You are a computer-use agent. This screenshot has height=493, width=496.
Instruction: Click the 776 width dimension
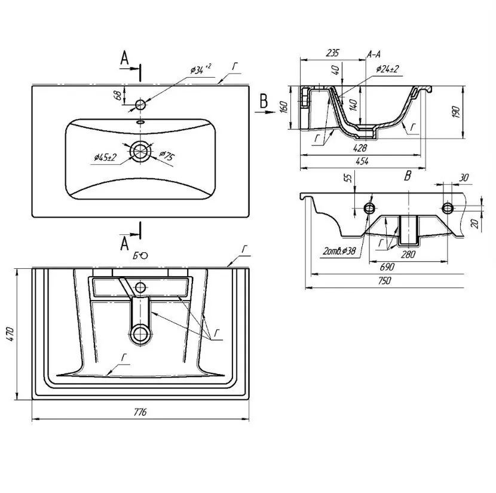(x=140, y=412)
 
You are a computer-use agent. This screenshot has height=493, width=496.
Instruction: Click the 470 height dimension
(x=10, y=334)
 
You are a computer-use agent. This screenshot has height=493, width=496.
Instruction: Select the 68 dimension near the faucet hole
(x=117, y=95)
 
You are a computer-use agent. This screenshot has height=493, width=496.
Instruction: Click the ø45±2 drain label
(x=105, y=157)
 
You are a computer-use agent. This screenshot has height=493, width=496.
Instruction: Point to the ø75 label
(x=167, y=155)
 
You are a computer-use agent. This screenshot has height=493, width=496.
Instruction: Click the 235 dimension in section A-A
(x=332, y=53)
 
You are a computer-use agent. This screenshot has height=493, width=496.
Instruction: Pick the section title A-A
(x=373, y=54)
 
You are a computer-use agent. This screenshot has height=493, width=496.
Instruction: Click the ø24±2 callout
(x=387, y=69)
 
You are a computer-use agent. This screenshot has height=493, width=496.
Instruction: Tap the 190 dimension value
(x=455, y=112)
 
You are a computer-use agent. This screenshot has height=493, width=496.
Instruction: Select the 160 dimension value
(x=284, y=107)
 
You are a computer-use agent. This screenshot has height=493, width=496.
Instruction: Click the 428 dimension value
(x=360, y=148)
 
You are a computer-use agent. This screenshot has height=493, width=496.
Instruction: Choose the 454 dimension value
(x=362, y=161)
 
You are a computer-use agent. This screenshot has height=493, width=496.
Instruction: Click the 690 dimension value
(x=387, y=267)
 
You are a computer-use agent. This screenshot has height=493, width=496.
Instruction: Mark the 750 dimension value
(x=384, y=280)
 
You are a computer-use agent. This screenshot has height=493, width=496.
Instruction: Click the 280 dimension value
(x=408, y=254)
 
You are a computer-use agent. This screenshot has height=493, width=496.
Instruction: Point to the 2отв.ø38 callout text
(x=339, y=252)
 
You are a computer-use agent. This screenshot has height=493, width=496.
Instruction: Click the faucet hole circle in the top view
(x=140, y=105)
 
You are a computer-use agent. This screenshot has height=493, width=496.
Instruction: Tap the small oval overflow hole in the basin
(x=140, y=122)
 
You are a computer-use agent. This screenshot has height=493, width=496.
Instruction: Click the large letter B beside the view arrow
(x=264, y=101)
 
